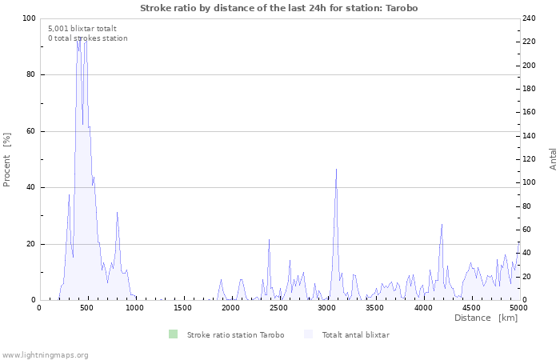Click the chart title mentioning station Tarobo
tap(278, 8)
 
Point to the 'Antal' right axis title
tap(553, 158)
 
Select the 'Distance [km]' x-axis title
tap(486, 318)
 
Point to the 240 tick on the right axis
tap(530, 18)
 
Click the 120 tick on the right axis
tap(530, 159)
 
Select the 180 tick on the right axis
tap(530, 89)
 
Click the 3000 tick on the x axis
tap(326, 307)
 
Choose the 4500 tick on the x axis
tap(470, 307)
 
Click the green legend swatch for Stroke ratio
tap(174, 334)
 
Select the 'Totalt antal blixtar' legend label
tap(355, 335)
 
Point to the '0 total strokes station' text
tap(87, 38)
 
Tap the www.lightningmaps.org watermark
tap(45, 355)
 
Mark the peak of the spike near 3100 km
tap(336, 169)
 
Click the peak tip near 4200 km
tap(442, 224)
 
